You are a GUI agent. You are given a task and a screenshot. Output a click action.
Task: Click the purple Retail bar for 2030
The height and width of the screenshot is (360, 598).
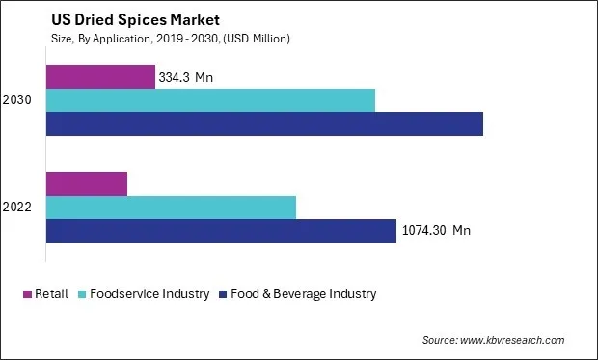point(100,77)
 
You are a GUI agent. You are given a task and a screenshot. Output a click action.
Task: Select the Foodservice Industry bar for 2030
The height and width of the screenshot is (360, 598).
point(210,100)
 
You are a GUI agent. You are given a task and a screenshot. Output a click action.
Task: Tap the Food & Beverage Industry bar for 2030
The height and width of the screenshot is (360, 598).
point(264,124)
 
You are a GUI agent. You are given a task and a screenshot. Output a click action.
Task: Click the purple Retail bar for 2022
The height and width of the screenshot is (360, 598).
point(87,183)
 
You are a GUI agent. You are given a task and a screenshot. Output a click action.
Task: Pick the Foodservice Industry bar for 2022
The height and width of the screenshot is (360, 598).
point(171,207)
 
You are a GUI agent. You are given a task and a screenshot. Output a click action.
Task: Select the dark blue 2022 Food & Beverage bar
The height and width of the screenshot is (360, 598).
point(221,231)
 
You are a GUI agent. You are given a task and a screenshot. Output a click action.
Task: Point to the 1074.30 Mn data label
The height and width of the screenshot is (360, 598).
point(436,231)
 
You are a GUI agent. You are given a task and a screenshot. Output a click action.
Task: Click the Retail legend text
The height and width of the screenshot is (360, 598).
point(51,293)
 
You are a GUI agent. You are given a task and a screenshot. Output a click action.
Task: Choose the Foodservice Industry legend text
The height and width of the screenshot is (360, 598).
point(149,293)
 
